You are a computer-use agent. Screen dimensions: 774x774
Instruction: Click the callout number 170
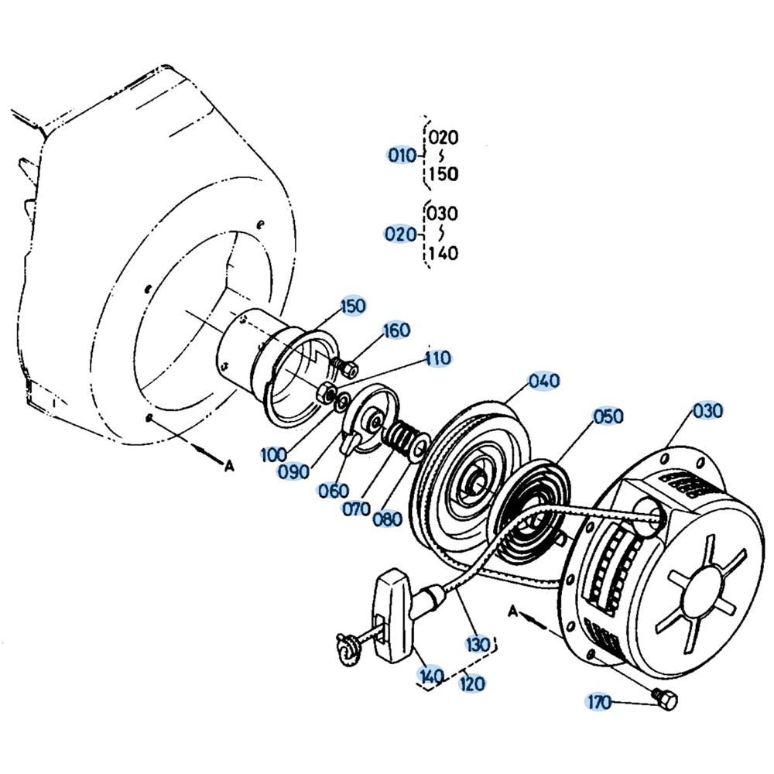tap(598, 702)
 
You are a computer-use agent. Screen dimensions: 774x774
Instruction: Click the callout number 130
tap(478, 643)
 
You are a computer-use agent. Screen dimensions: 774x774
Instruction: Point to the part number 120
tap(471, 683)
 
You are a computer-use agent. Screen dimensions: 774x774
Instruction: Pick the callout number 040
tap(543, 381)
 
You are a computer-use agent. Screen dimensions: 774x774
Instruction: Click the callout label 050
tap(608, 416)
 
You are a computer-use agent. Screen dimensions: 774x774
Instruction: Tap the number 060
tap(333, 491)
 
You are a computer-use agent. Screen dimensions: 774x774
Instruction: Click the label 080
tap(387, 519)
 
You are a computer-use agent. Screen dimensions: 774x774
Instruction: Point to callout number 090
tap(295, 471)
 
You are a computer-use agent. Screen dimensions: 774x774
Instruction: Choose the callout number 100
tap(275, 454)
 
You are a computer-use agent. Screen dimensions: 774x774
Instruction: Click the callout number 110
tap(437, 358)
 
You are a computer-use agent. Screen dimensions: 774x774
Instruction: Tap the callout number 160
tap(396, 330)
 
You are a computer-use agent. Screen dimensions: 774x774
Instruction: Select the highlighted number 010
tap(402, 156)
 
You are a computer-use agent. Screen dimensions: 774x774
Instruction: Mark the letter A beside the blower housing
tap(228, 465)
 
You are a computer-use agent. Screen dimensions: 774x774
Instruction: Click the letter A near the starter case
tap(512, 611)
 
